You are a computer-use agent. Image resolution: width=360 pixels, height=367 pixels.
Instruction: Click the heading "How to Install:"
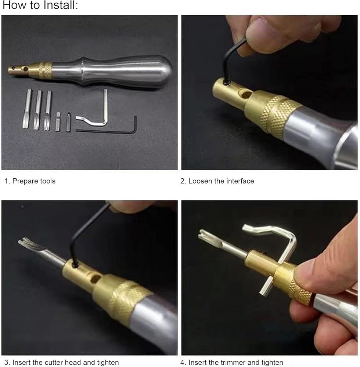pos(40,5)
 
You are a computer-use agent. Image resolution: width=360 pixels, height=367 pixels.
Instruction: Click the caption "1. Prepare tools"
pos(30,181)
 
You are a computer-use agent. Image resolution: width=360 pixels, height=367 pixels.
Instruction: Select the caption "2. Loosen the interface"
pos(217,181)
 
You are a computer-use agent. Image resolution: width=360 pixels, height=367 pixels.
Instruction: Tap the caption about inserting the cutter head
pos(62,362)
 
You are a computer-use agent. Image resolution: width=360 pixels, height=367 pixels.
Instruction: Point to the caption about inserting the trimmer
pos(232,362)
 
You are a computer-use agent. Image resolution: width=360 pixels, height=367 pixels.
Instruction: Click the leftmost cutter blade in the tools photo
pos(26,109)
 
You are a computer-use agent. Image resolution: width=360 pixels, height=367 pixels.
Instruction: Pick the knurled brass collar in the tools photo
pos(45,70)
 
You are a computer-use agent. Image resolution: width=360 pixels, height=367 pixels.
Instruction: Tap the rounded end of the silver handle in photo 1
pos(164,72)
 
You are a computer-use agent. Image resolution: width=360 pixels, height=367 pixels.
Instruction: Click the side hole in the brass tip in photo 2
pos(246,95)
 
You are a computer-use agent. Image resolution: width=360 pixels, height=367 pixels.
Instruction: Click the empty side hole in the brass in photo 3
pos(96,279)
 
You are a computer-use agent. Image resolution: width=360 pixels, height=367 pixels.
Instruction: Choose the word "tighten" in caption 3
pos(108,362)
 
